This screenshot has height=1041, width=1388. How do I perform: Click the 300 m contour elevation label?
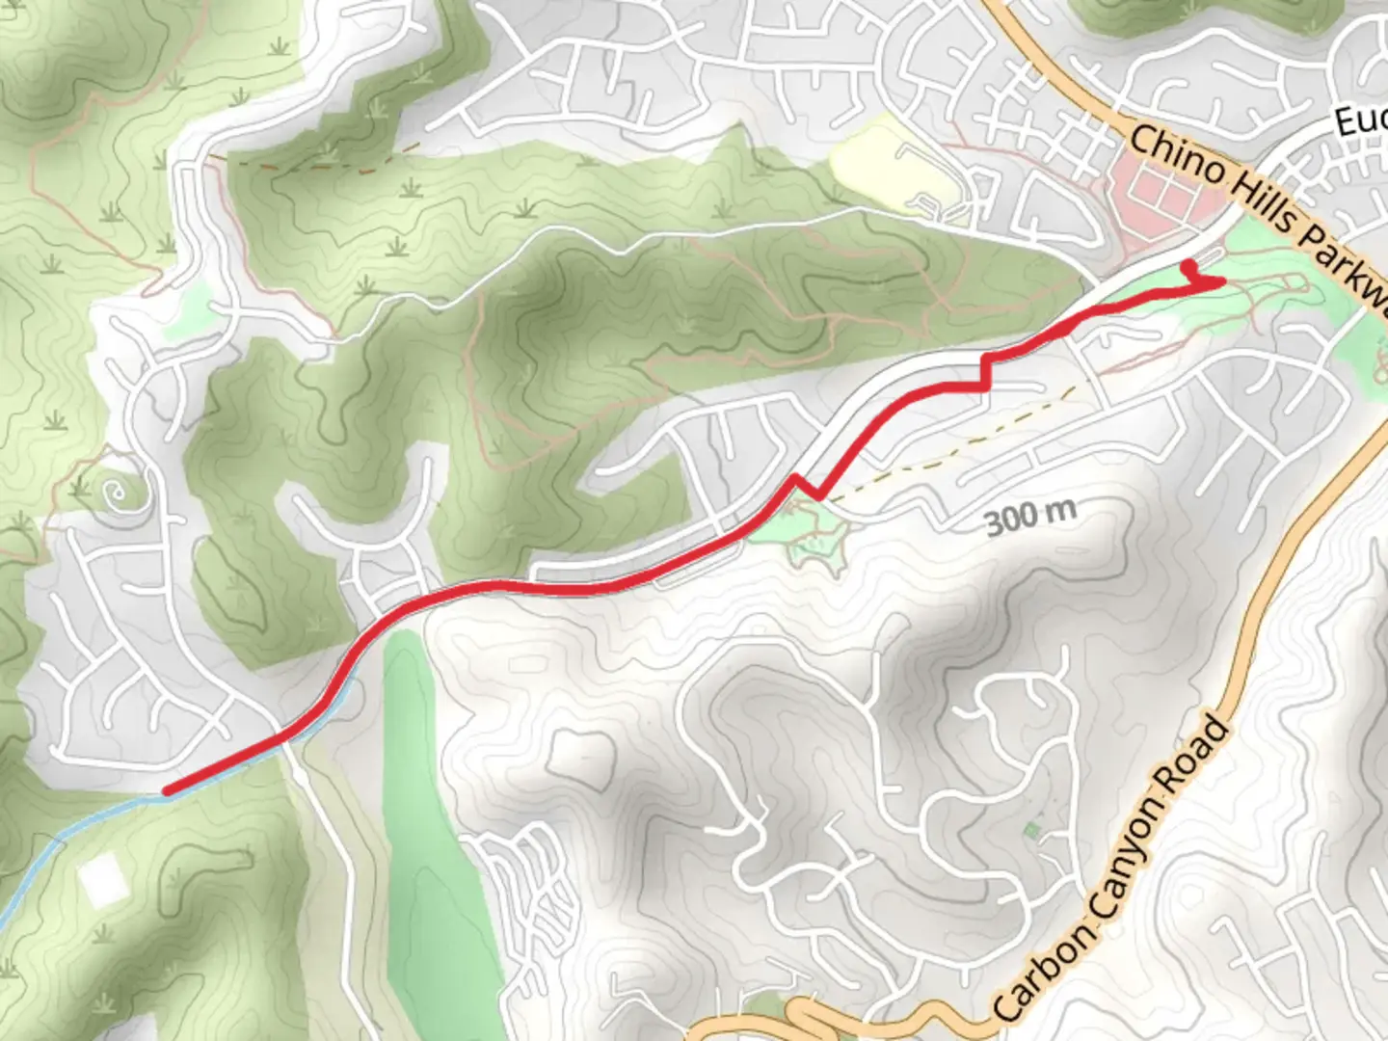click(x=1030, y=518)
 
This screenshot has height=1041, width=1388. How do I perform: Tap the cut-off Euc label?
click(x=1361, y=120)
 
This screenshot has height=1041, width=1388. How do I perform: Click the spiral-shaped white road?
click(x=118, y=494)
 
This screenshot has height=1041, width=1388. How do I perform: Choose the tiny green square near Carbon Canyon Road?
click(x=1032, y=830)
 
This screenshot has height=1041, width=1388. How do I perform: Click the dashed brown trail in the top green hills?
click(x=318, y=166)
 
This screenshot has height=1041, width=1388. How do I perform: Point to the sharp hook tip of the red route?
click(x=1222, y=281)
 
